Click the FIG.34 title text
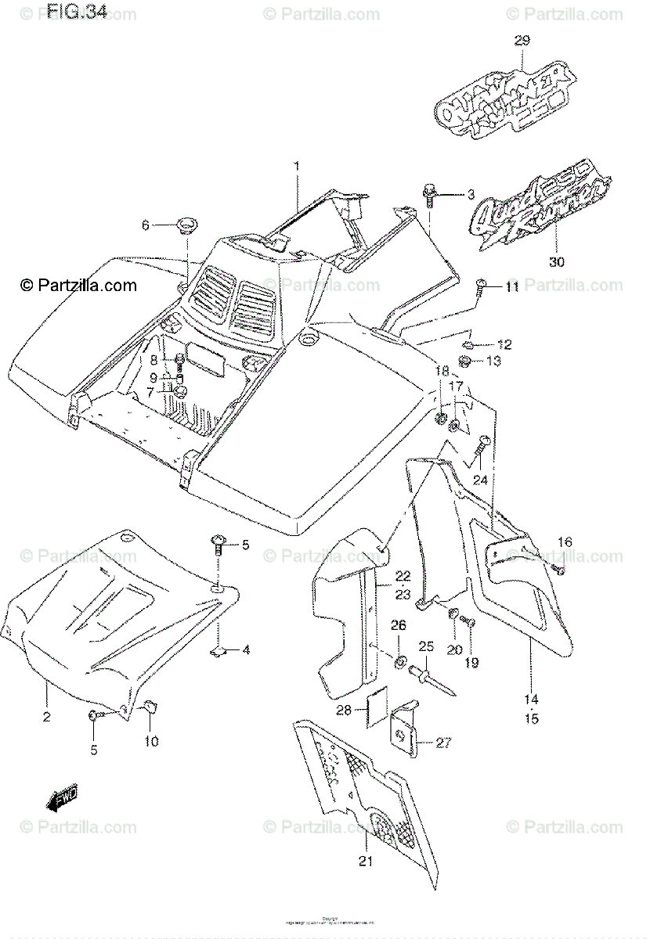pos(76,11)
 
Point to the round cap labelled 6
pos(187,226)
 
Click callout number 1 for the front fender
pos(297,165)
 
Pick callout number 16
pos(564,542)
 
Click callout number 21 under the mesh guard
pos(366,862)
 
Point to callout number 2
pos(46,717)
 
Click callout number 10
pos(151,741)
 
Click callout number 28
pos(366,710)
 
